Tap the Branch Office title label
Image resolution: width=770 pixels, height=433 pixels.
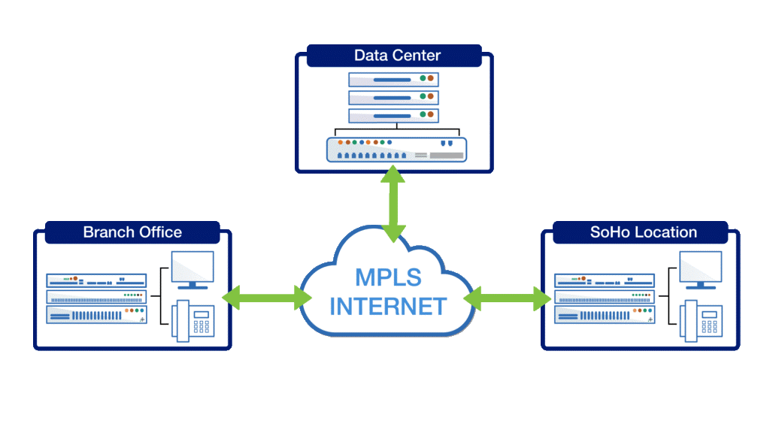pyautogui.click(x=132, y=232)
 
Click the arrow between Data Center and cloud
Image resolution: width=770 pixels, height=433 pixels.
pyautogui.click(x=393, y=204)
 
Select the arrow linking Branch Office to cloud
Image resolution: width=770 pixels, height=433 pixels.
pyautogui.click(x=263, y=298)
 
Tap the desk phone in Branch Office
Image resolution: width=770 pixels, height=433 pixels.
pyautogui.click(x=194, y=322)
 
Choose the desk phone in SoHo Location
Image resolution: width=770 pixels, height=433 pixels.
pyautogui.click(x=702, y=322)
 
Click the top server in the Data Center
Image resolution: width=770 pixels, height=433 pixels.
pyautogui.click(x=393, y=79)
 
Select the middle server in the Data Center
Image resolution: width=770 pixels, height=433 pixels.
pyautogui.click(x=393, y=97)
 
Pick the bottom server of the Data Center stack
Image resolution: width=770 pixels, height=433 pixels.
pyautogui.click(x=393, y=115)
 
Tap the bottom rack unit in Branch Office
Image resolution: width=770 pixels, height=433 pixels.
pyautogui.click(x=96, y=315)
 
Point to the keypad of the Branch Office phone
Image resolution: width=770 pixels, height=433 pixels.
pyautogui.click(x=202, y=325)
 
